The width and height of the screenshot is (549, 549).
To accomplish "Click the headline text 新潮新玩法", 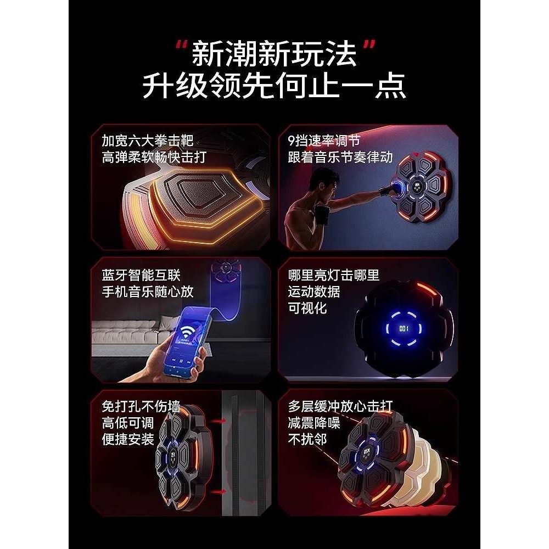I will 274,55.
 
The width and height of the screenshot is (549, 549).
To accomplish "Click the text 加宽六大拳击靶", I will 148,141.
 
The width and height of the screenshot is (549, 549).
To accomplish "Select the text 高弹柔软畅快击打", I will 154,158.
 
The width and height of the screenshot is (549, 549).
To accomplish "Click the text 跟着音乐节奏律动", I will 340,158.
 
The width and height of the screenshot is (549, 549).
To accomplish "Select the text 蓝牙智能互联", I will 141,274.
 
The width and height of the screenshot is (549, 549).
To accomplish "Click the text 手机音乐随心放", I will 148,291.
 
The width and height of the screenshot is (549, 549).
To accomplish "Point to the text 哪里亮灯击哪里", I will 334,274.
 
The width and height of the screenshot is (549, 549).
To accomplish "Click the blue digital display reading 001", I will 405,328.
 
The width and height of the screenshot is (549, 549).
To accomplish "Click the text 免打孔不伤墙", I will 141,406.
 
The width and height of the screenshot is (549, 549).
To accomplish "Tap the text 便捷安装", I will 128,439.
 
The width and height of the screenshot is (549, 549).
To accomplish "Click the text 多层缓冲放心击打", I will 340,406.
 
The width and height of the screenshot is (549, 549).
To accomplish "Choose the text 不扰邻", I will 307,439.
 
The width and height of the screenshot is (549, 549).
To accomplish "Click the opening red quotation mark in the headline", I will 180,45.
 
